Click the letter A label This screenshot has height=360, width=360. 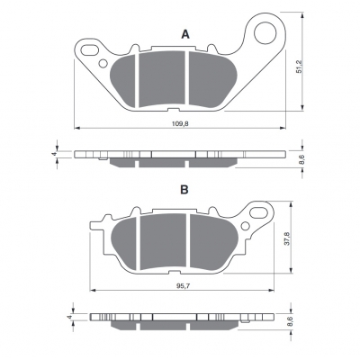pos(185,35)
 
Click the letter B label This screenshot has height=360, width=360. pos(184,190)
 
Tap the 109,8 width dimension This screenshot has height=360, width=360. pos(180,123)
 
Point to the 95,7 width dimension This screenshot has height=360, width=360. pos(182,285)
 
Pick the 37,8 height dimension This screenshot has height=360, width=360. pos(288,238)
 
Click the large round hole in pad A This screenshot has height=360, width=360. pos(265,32)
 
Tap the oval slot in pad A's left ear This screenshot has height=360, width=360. pos(90,50)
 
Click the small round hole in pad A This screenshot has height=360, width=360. pos(103,64)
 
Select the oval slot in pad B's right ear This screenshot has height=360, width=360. pos(258,213)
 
